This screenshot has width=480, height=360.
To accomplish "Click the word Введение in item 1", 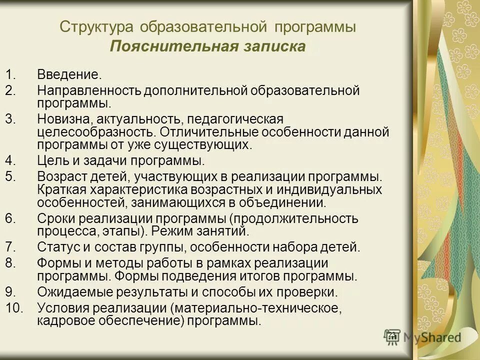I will click(x=69, y=75).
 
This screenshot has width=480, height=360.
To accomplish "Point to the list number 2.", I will click(x=11, y=91).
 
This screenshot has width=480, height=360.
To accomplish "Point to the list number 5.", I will click(x=11, y=176).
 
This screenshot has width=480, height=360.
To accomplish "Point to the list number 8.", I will click(x=11, y=263).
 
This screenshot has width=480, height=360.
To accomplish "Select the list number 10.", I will click(x=15, y=307).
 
